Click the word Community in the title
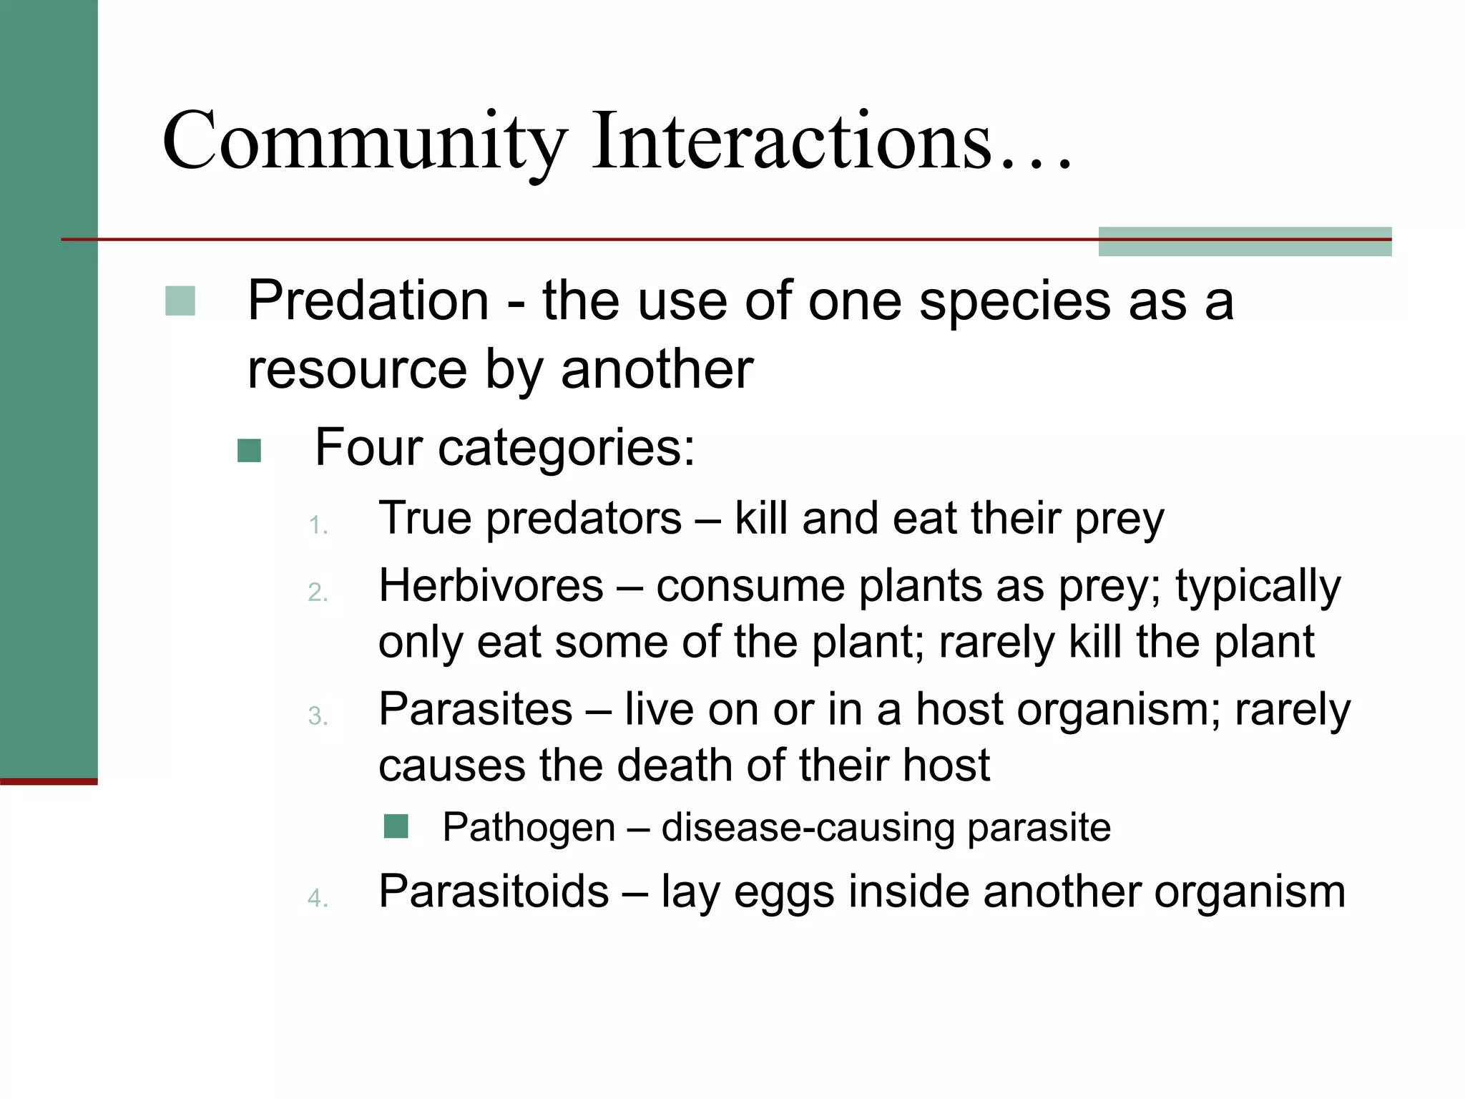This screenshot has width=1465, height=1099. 365,143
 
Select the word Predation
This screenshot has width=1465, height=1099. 368,301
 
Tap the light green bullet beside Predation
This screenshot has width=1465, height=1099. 180,301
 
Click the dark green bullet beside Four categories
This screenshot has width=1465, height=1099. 249,451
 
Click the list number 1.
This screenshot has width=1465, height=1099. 317,527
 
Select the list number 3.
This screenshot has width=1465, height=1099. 317,716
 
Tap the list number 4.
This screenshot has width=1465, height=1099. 317,899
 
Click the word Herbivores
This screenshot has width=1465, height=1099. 491,586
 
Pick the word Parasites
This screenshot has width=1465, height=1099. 475,710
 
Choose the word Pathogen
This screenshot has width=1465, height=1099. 529,828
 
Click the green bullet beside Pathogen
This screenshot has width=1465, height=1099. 396,826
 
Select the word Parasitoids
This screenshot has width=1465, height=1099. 494,892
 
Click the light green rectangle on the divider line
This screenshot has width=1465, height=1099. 1245,242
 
